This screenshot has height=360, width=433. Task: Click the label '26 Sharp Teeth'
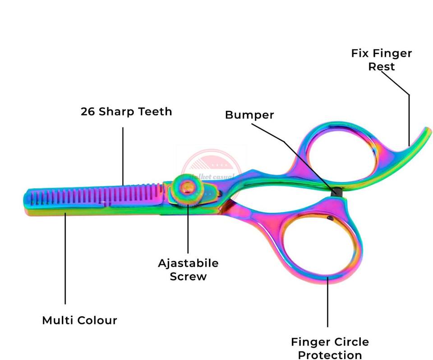coord(126,111)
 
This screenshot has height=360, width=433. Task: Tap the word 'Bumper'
coord(249,115)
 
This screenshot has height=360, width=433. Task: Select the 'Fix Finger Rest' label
coord(382,60)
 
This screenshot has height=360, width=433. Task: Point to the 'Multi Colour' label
coord(79,320)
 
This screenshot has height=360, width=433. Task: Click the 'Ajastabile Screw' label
coord(188,269)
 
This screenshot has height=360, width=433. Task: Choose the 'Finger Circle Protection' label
coord(330,348)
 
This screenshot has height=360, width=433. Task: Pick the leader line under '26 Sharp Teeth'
coord(123,155)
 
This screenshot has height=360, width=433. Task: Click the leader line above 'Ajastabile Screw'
coord(188,230)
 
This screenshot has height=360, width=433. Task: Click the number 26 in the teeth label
coord(88,111)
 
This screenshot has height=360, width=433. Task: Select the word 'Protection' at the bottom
coord(330,355)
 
